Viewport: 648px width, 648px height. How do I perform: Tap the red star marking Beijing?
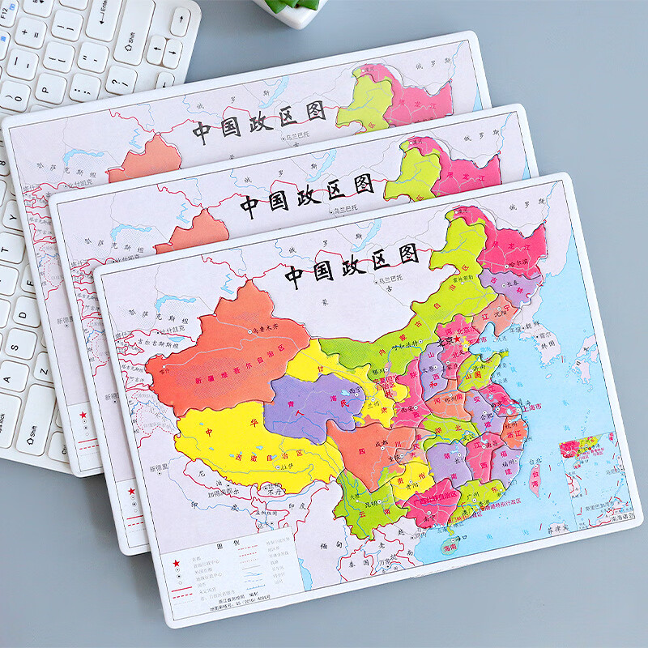click(461, 343)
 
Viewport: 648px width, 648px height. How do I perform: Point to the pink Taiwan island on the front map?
click(535, 478)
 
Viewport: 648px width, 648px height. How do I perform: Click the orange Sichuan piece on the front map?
click(373, 454)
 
